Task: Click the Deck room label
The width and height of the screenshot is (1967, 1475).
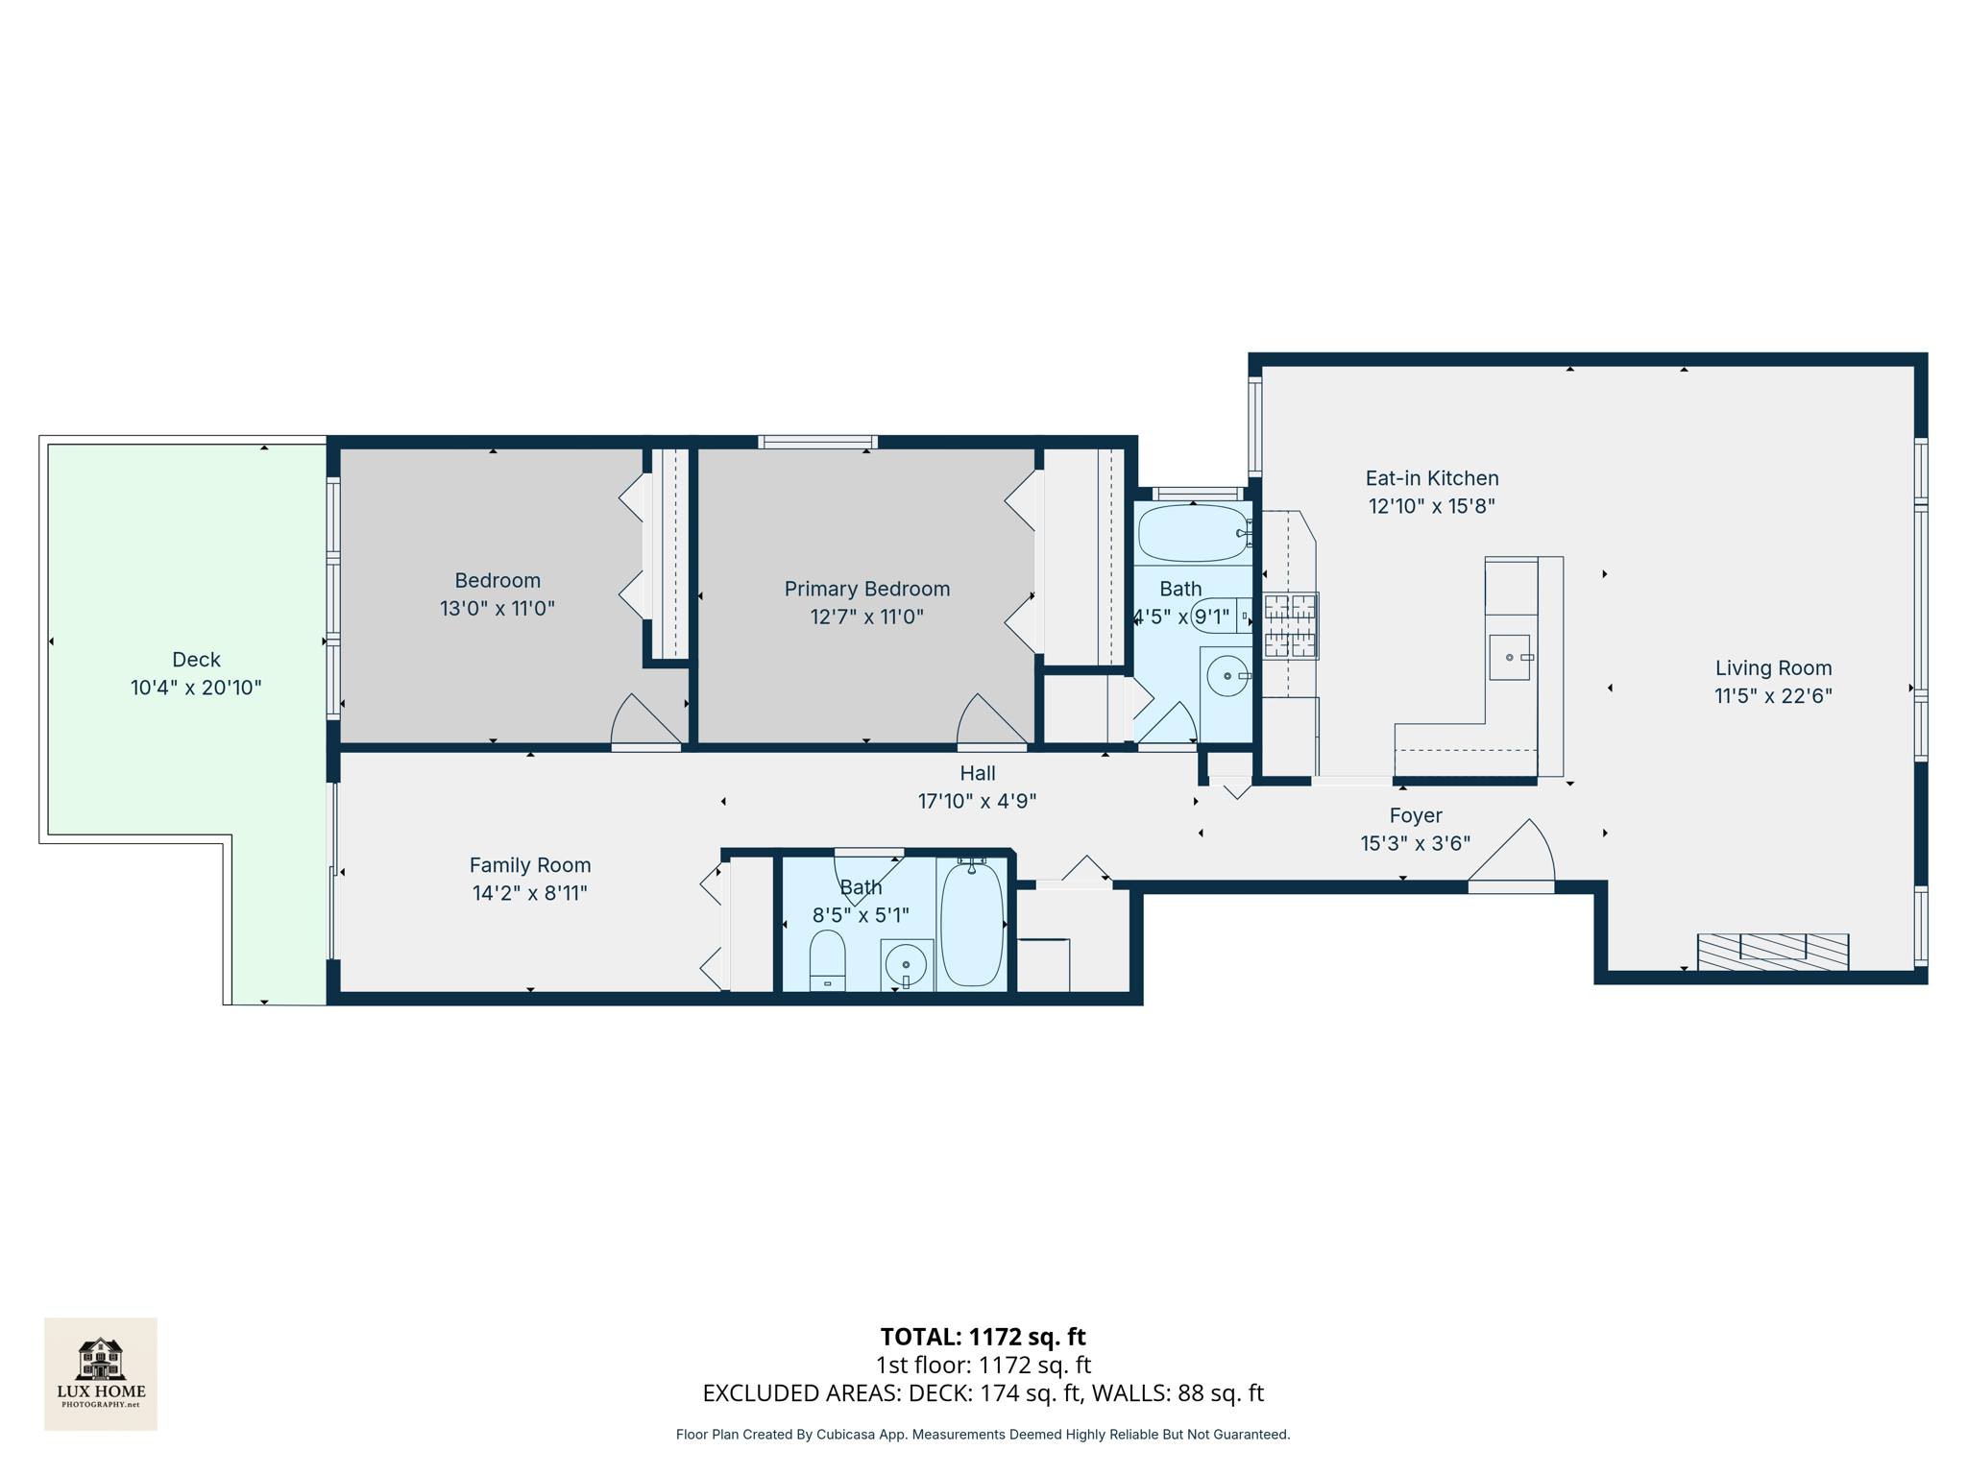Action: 196,660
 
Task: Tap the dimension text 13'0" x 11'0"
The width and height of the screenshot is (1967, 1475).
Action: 497,608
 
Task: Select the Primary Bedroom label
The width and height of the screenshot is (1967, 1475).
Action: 866,589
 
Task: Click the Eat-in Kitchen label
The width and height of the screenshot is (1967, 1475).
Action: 1431,478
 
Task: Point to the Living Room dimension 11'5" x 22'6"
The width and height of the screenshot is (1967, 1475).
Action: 1773,696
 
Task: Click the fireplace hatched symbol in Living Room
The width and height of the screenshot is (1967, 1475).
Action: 1772,951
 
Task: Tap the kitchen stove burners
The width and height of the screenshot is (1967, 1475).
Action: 1289,625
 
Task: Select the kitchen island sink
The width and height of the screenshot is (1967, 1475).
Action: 1509,657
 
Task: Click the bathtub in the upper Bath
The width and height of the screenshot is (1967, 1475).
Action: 1192,533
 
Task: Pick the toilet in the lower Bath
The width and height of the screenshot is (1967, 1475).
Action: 827,959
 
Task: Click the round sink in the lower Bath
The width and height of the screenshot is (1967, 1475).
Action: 906,963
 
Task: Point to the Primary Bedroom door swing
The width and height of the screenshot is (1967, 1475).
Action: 986,721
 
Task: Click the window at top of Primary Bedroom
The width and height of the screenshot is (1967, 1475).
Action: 817,442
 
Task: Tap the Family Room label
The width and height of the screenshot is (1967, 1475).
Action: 529,865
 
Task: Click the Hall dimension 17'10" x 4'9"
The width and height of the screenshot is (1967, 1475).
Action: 977,801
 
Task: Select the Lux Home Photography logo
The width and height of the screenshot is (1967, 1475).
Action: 101,1373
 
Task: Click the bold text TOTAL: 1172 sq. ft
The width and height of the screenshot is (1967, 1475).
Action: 983,1337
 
